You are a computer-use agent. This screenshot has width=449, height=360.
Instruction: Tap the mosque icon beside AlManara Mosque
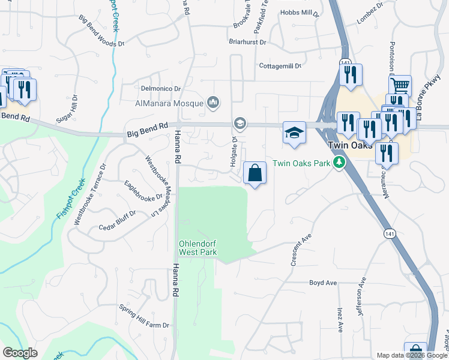coord(212,103)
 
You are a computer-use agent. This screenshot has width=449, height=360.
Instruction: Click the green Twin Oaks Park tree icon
coord(339,163)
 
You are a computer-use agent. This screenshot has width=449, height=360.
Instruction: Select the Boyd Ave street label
coord(322,282)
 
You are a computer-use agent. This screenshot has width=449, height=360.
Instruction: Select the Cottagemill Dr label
coord(280,66)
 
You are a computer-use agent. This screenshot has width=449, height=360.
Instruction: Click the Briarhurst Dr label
coord(247,42)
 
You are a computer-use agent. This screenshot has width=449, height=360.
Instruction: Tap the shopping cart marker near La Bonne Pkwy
coord(399,85)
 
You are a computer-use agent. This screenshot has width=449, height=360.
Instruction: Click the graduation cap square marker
coord(294,133)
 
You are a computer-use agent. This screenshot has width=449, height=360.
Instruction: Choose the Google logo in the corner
coord(20,353)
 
